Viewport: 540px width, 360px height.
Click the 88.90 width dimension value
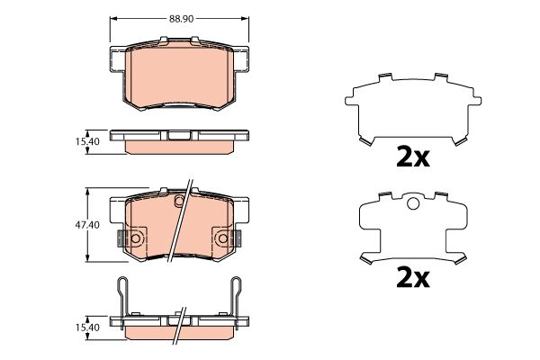pos(181,19)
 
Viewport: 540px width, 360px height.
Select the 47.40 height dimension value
pos(87,225)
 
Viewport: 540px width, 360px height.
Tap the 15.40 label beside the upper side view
pos(87,141)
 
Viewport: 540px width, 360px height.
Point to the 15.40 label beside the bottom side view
pos(87,328)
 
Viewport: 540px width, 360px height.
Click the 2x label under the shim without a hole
pos(413,157)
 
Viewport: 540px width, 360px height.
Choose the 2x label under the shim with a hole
pos(413,278)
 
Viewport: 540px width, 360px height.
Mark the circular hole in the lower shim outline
pos(413,203)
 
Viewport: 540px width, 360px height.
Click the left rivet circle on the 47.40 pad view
pos(135,238)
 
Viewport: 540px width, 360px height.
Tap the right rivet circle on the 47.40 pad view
pos(223,238)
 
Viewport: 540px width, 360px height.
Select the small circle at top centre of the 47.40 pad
pos(179,200)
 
